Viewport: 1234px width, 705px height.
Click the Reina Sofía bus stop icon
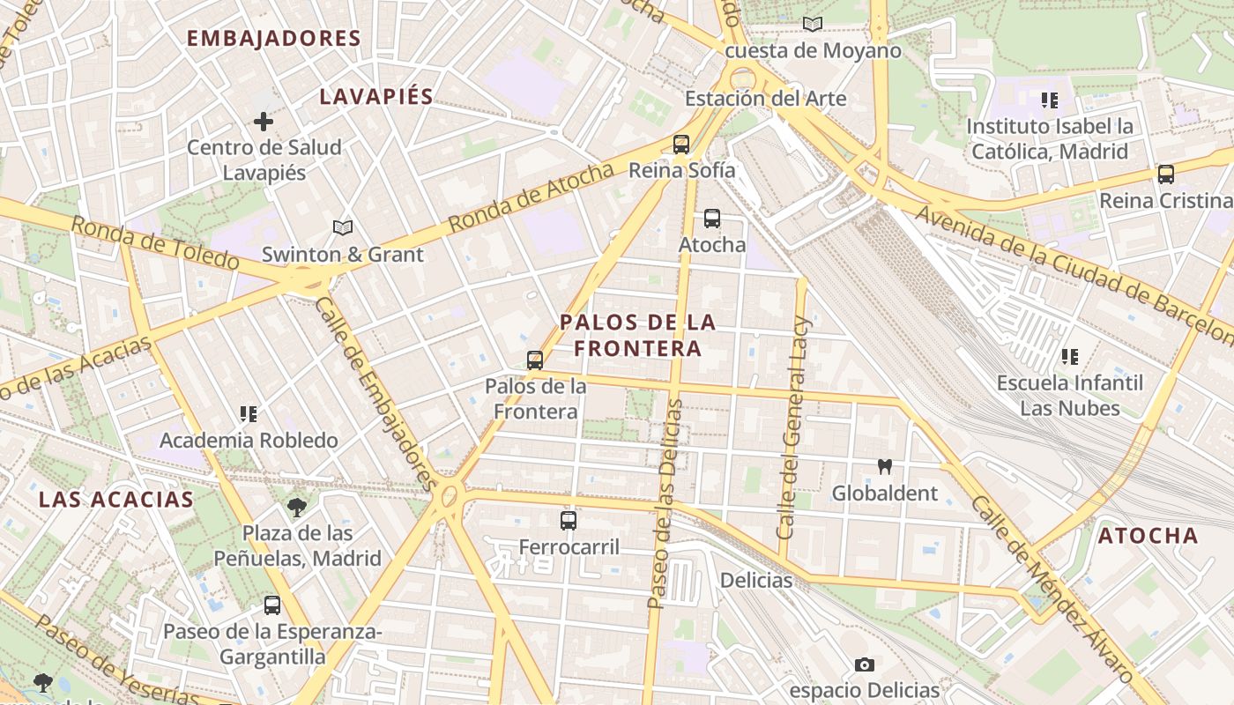coord(680,145)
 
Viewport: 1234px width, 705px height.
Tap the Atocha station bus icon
coord(711,219)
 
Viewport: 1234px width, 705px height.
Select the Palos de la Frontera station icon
coord(534,360)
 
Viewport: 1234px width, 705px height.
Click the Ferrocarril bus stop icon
coord(569,521)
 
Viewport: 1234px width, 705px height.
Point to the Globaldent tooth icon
coord(884,467)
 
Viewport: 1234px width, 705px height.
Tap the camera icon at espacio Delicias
coord(864,664)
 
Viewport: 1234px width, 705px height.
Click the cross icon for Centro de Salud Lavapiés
coord(263,122)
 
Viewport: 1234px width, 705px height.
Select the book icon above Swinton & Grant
coord(343,228)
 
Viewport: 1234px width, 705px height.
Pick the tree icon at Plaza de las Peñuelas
coord(297,507)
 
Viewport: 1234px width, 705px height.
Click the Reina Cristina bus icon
coord(1165,174)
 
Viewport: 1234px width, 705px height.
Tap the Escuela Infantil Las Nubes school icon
coord(1069,357)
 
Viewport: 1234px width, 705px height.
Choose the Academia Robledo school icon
coord(249,413)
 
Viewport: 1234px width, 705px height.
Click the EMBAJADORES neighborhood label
coord(274,39)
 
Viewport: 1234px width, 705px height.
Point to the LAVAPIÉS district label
coord(376,97)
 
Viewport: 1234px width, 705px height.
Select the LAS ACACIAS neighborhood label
coord(116,500)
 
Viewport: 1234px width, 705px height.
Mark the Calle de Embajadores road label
coord(375,393)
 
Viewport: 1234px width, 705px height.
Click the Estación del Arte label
coord(765,99)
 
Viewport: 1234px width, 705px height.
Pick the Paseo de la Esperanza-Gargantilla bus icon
coord(272,605)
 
